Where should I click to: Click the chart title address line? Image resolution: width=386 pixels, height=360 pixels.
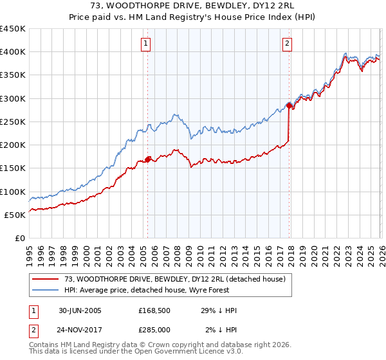pos(193,5)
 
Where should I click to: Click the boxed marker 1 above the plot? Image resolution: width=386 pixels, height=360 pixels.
pos(147,44)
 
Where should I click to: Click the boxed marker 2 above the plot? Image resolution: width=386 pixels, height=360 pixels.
pos(286,44)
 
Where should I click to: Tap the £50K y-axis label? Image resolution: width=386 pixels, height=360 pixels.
pos(15,215)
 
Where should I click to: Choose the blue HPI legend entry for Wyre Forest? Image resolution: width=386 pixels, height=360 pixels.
pos(167,291)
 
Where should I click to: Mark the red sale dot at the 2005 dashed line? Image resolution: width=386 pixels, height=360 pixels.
pos(148,159)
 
